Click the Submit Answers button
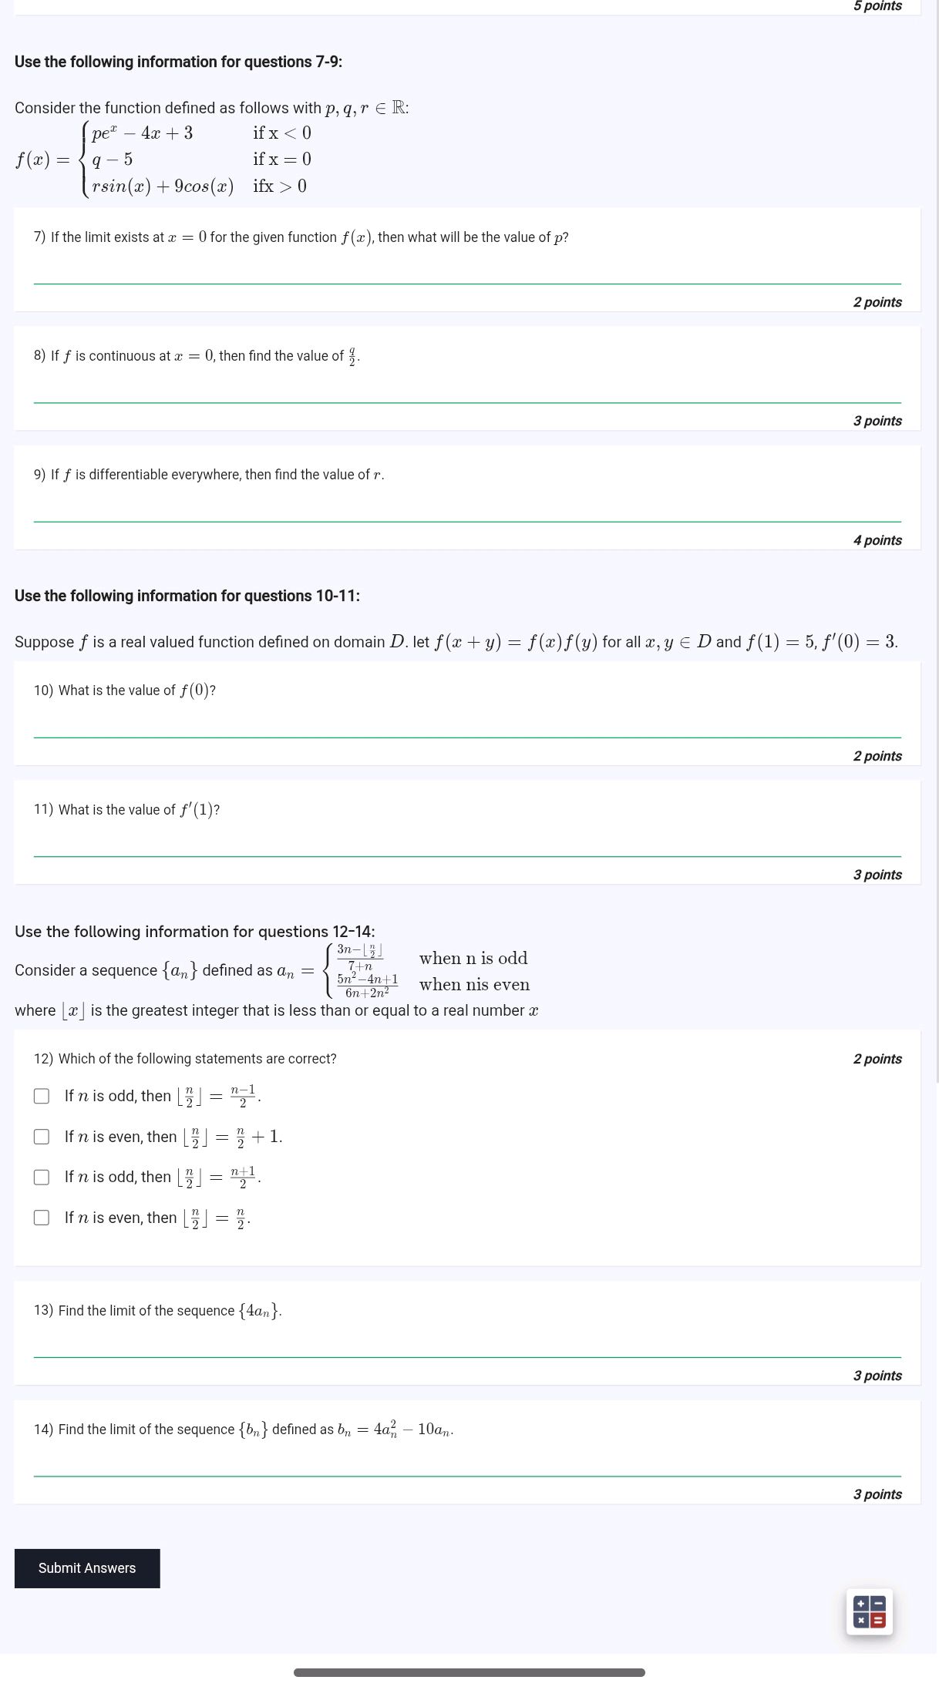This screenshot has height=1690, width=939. click(x=87, y=1568)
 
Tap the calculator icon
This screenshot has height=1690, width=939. click(x=869, y=1611)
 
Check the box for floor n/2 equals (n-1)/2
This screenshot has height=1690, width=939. click(x=42, y=1096)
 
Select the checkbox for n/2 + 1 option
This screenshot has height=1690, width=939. click(x=42, y=1137)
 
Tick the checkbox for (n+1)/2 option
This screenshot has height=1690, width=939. click(x=42, y=1177)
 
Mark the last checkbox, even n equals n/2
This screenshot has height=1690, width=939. click(x=42, y=1218)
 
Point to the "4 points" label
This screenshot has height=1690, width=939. click(x=877, y=540)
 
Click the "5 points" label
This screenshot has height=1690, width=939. click(x=877, y=6)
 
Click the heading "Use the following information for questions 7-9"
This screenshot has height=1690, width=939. click(x=178, y=62)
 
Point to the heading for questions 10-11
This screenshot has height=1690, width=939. click(x=187, y=596)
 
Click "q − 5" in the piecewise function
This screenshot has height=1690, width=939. click(x=113, y=160)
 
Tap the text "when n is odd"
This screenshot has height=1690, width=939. click(x=473, y=958)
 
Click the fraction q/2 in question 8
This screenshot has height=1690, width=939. click(x=352, y=357)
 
